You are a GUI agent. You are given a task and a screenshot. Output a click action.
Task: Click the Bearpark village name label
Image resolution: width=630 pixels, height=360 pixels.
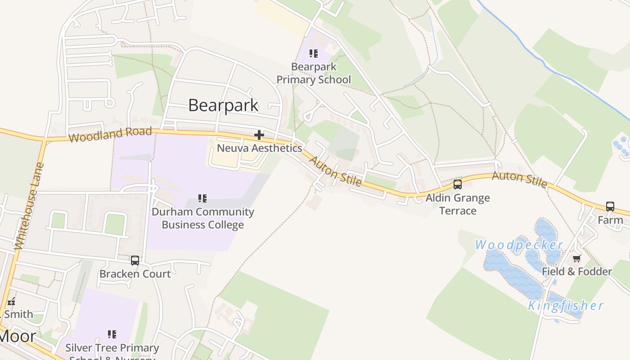(x=223, y=105)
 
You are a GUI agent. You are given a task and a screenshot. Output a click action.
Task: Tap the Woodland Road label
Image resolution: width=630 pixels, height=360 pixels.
(x=110, y=134)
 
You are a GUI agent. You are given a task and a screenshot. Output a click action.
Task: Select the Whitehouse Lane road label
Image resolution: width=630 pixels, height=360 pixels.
(x=30, y=206)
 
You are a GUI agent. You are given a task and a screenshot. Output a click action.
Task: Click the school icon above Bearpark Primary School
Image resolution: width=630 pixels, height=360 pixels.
(x=314, y=54)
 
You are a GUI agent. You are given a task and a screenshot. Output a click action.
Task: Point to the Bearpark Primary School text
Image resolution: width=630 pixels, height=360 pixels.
(x=314, y=73)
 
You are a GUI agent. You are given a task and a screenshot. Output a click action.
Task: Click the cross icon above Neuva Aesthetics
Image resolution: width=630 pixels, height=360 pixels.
(x=259, y=135)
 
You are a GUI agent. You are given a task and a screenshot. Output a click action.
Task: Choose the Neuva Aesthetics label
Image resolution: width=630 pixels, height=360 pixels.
(x=259, y=148)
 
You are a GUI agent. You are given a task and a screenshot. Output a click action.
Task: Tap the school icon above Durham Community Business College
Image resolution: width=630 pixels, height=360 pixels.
(x=202, y=198)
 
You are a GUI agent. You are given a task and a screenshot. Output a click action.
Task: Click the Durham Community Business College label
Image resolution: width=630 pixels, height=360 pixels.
(x=202, y=218)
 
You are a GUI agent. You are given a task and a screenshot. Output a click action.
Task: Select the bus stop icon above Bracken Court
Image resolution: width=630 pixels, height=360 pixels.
(x=135, y=260)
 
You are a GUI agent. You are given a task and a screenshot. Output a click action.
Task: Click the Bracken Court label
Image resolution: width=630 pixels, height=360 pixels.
(x=135, y=274)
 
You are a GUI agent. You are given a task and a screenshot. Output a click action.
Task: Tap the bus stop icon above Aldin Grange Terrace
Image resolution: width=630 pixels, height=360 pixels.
(x=458, y=184)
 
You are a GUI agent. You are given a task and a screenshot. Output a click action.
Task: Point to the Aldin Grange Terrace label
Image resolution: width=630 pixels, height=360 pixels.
(x=458, y=204)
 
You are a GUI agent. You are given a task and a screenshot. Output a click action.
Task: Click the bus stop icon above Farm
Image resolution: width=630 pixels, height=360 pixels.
(x=610, y=207)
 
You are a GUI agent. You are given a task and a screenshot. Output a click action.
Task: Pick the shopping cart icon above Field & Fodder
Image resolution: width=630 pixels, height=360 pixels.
(x=577, y=258)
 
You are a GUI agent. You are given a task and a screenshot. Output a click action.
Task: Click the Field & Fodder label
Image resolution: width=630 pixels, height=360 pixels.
(x=577, y=271)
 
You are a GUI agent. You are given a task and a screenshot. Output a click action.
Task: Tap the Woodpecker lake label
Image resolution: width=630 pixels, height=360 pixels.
(x=519, y=245)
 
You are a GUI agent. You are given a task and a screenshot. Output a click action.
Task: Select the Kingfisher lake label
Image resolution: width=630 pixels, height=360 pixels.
(x=566, y=306)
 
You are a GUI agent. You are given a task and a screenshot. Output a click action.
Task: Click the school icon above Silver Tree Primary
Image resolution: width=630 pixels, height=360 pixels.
(x=112, y=334)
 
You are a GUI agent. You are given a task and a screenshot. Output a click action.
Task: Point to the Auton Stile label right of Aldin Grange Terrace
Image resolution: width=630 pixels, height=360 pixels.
(x=520, y=179)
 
